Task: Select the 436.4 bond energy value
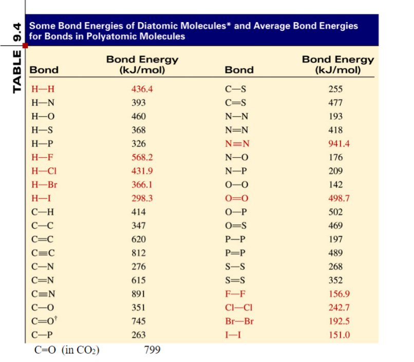click(142, 89)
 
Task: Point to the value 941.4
click(338, 143)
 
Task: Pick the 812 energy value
click(139, 253)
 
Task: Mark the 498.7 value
click(338, 198)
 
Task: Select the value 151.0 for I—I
click(338, 335)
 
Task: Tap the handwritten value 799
click(152, 350)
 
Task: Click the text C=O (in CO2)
click(66, 350)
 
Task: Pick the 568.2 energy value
click(142, 157)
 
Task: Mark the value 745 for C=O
click(139, 321)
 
